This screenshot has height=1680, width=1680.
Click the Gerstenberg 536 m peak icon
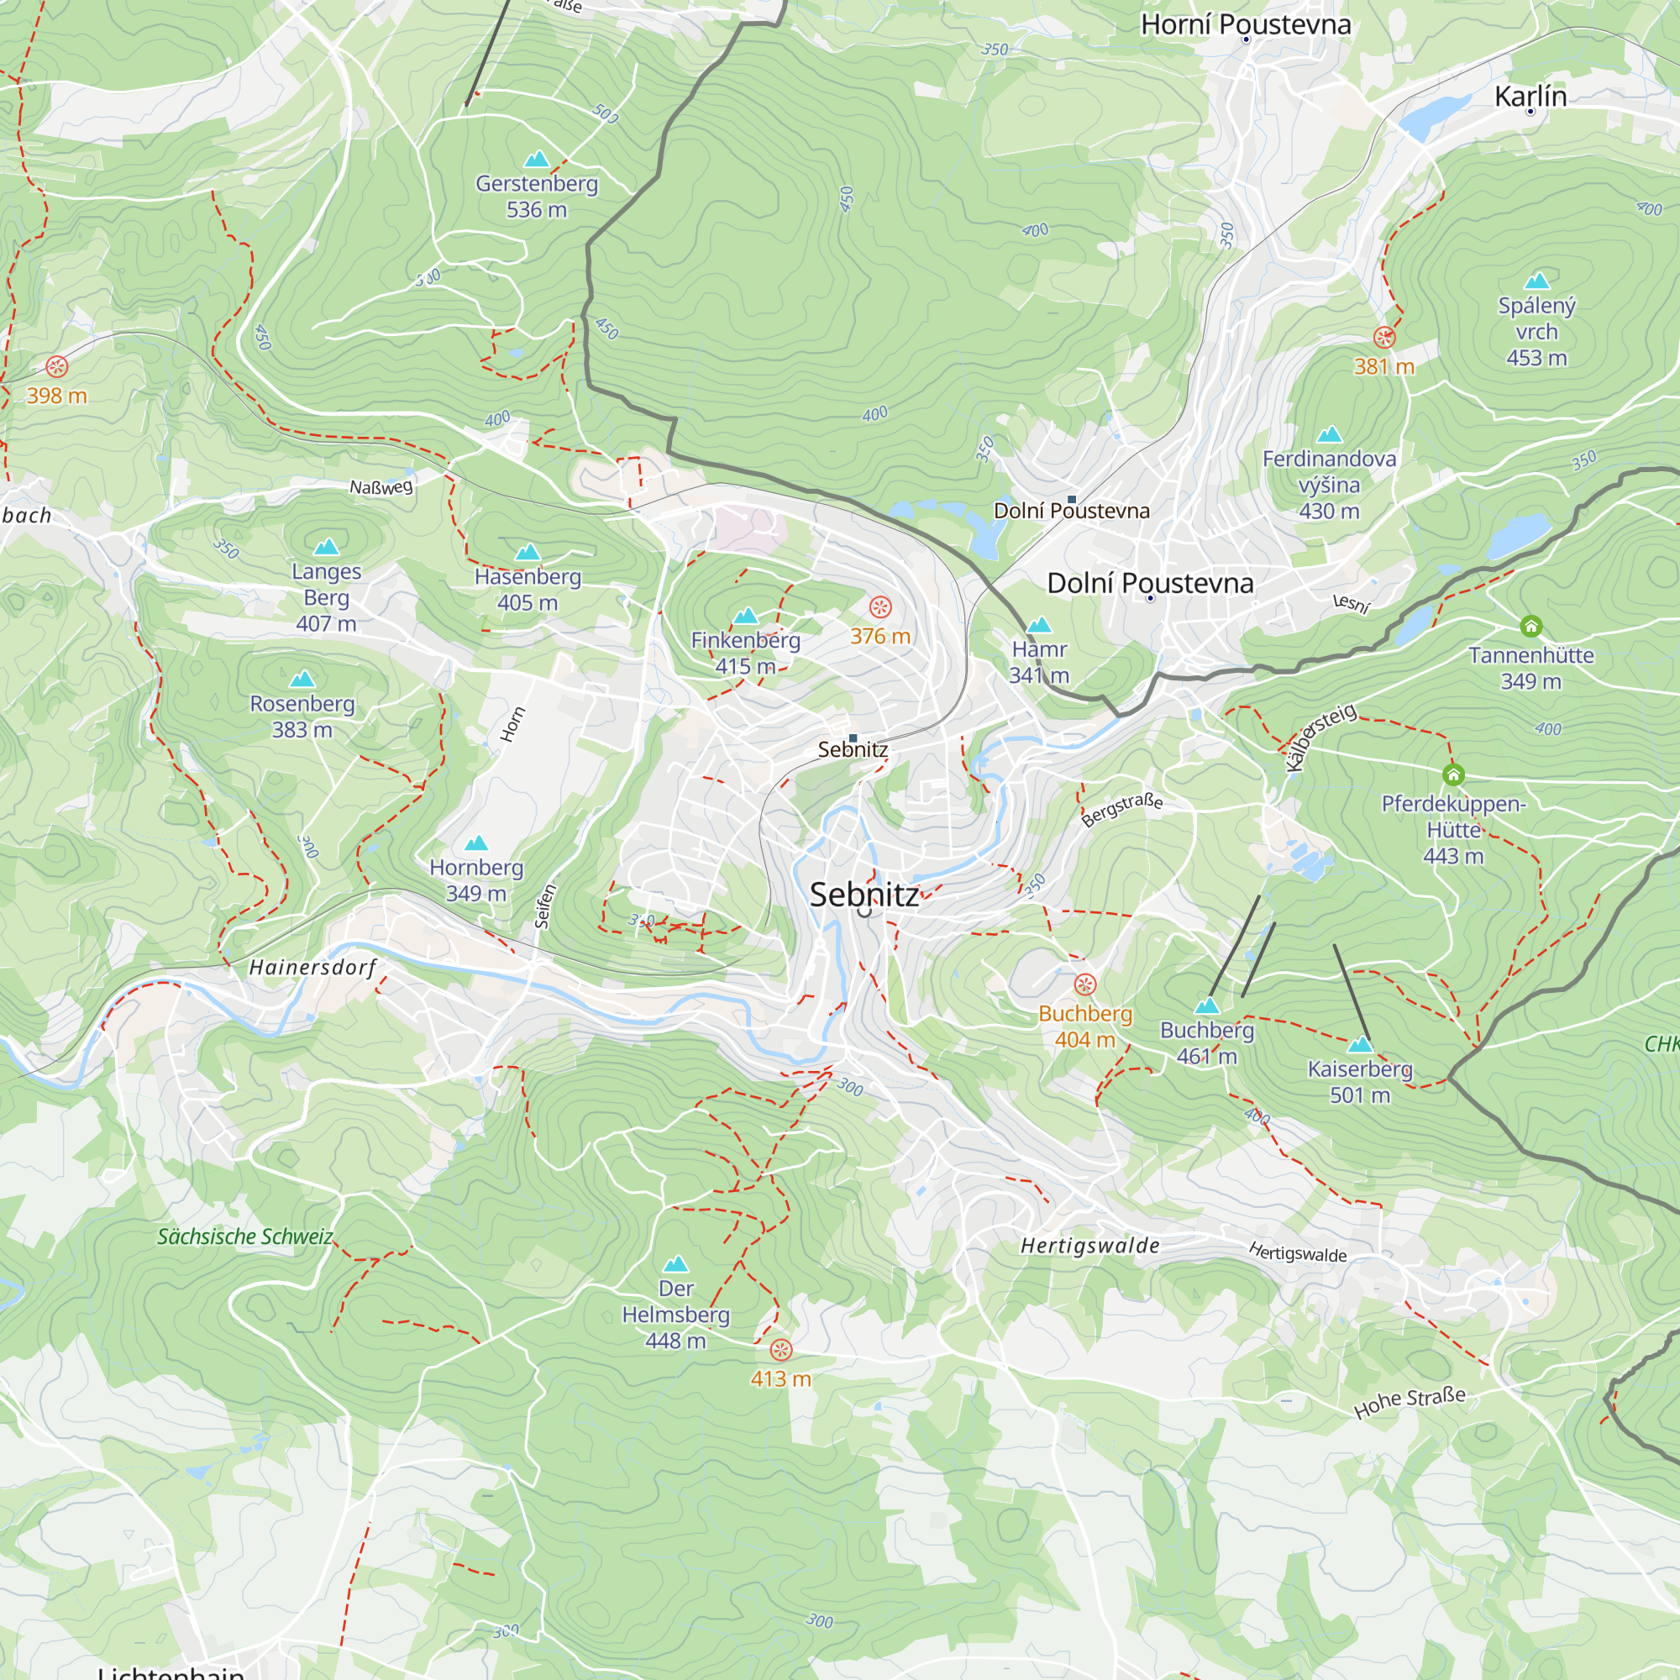(x=537, y=159)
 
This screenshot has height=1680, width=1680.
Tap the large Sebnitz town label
(x=864, y=895)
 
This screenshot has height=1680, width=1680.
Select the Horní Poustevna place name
(x=1245, y=24)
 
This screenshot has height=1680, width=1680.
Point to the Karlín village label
(x=1530, y=96)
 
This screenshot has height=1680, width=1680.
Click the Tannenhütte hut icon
(x=1530, y=626)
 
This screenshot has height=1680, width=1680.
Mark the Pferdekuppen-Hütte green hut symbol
(x=1453, y=774)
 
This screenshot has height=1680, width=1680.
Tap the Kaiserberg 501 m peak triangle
(x=1359, y=1044)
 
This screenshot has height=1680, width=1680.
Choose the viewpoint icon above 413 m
(x=781, y=1350)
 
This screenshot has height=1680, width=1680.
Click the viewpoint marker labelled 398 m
(x=56, y=366)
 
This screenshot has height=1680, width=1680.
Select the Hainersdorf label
(x=313, y=967)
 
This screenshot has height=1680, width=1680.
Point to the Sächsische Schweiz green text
(x=245, y=1236)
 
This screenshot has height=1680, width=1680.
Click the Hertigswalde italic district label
(x=1089, y=1245)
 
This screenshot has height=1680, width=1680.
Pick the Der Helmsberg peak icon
(x=675, y=1264)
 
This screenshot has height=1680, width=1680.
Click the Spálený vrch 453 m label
(x=1536, y=330)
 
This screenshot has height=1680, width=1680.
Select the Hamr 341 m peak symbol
(x=1039, y=625)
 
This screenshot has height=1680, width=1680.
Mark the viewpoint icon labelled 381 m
(x=1384, y=337)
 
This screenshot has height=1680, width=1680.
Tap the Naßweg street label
(x=381, y=487)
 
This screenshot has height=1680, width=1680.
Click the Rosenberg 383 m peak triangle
(x=302, y=678)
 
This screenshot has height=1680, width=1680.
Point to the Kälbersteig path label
(x=1320, y=737)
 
